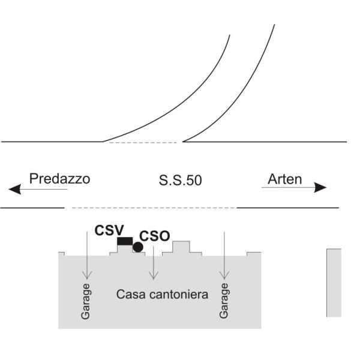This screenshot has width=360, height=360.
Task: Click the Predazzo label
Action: tap(59, 179)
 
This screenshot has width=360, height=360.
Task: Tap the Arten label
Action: tap(284, 179)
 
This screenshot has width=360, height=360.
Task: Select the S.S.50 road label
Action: tap(180, 180)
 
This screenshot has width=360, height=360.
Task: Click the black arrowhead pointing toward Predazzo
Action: tap(14, 189)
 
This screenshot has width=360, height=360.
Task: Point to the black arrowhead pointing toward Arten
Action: tap(320, 188)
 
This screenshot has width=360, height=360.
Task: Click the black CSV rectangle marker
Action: tap(125, 241)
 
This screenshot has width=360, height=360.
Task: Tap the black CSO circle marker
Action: tap(138, 247)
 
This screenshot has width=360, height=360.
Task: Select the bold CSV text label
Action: tap(109, 230)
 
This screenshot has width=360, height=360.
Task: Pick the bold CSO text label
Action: tap(155, 236)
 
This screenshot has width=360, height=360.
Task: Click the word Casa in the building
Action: tap(131, 295)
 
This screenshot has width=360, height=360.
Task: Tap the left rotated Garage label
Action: tap(86, 301)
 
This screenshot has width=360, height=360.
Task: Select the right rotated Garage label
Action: tap(224, 301)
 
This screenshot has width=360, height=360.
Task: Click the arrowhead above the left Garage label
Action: tap(87, 275)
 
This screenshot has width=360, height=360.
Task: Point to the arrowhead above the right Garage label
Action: tap(224, 275)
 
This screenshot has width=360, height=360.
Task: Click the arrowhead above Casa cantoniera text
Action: tap(154, 275)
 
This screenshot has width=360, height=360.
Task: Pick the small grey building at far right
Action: tap(334, 283)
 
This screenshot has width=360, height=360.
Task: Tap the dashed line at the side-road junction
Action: tap(143, 143)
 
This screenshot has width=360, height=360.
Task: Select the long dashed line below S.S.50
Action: tap(154, 208)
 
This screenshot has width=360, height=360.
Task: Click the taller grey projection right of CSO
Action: tap(181, 247)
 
